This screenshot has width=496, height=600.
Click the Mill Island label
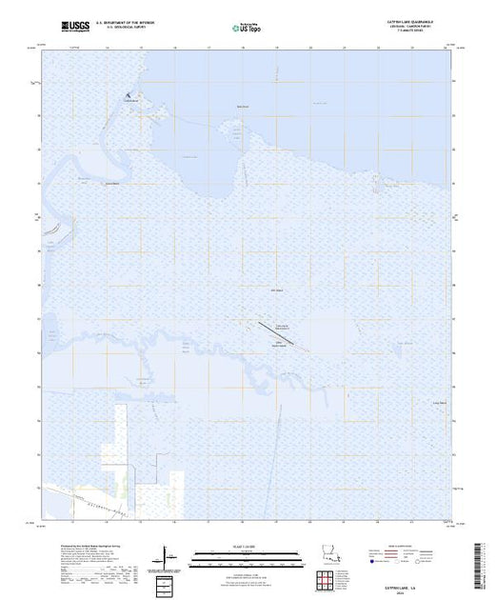pos(277,291)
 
